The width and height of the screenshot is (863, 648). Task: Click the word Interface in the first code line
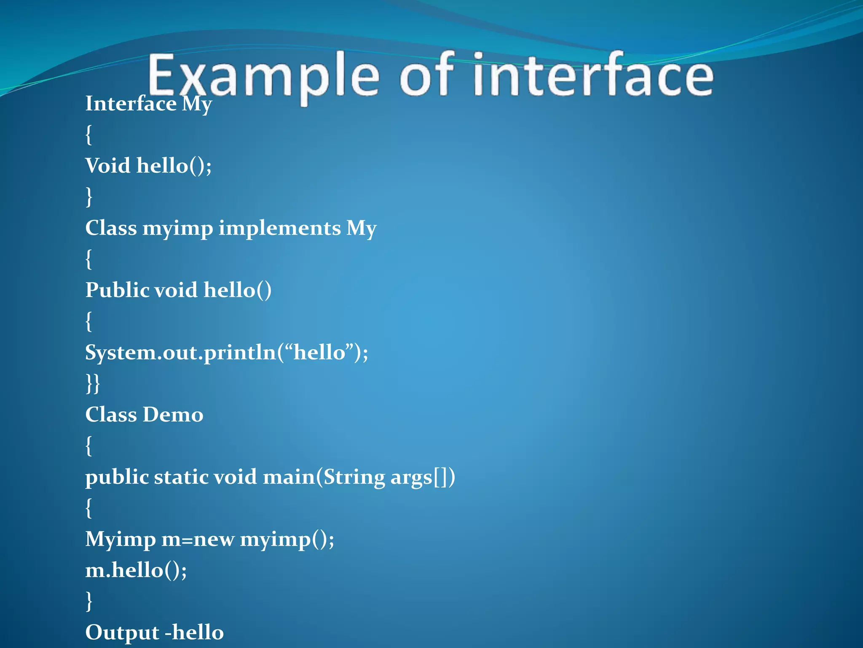point(131,104)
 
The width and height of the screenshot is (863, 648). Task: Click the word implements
point(279,228)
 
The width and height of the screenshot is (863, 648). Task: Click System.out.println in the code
point(180,353)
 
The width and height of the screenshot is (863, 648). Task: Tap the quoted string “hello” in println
point(319,352)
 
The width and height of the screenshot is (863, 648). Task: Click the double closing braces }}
point(93,383)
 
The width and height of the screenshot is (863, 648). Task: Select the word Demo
point(173,415)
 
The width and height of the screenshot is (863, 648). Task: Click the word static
point(181,477)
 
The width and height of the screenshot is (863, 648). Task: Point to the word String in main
point(354,477)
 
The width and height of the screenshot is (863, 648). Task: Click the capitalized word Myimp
point(121,540)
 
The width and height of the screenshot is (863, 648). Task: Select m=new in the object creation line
point(198,540)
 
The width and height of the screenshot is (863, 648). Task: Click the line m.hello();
point(136,570)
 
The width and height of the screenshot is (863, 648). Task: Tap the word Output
point(122,632)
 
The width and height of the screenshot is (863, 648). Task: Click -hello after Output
point(194,632)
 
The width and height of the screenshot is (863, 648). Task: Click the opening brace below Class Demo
point(88,446)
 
